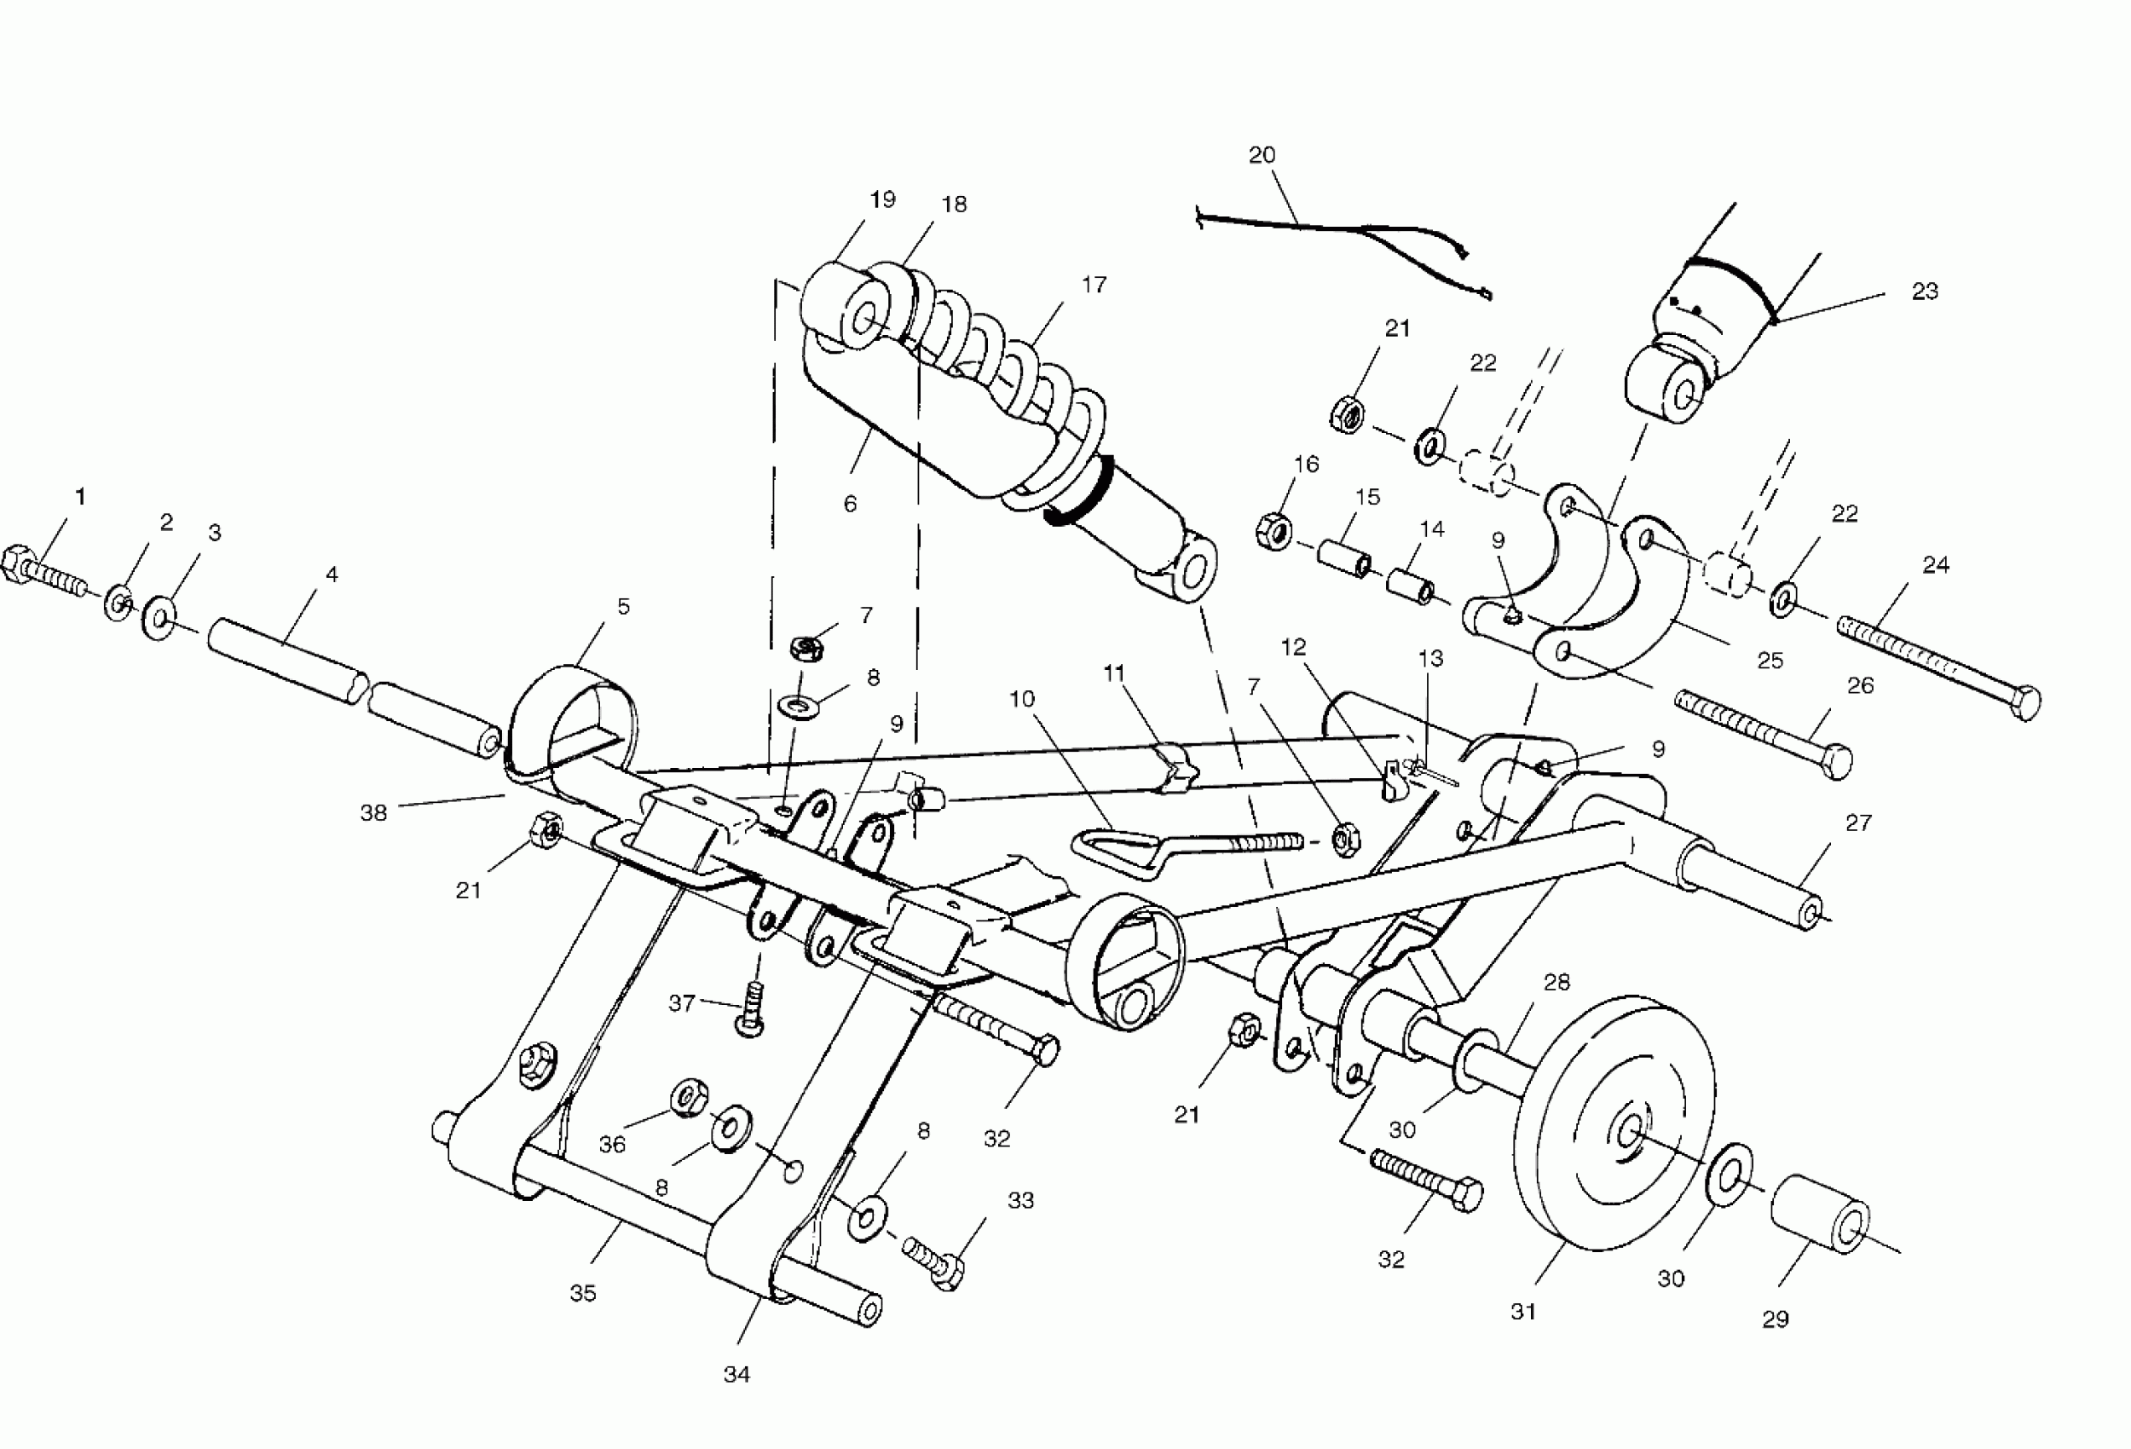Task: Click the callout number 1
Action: point(81,497)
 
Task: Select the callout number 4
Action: point(332,574)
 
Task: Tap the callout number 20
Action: point(1262,155)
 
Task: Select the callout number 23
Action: point(1925,291)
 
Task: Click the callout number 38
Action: point(373,812)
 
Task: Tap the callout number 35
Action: point(583,1293)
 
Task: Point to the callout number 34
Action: point(736,1374)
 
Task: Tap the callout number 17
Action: point(1094,285)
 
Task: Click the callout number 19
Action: point(882,199)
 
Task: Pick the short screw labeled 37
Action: point(752,1007)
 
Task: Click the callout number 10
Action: point(1021,699)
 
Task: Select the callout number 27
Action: point(1857,823)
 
